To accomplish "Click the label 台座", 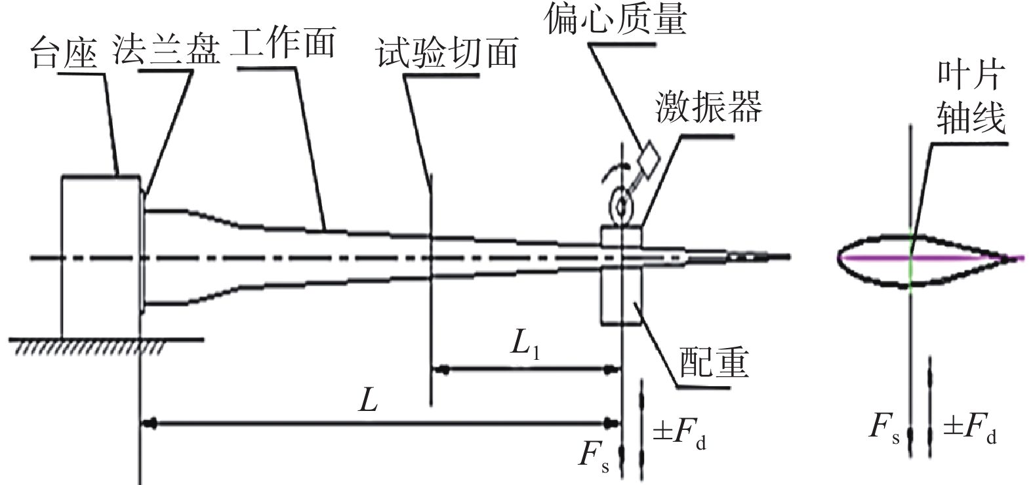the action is tap(64, 54).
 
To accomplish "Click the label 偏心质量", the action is tap(615, 19).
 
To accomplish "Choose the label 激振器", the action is tap(709, 106).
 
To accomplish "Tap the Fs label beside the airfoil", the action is tap(884, 427).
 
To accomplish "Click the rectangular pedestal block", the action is tap(101, 256).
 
